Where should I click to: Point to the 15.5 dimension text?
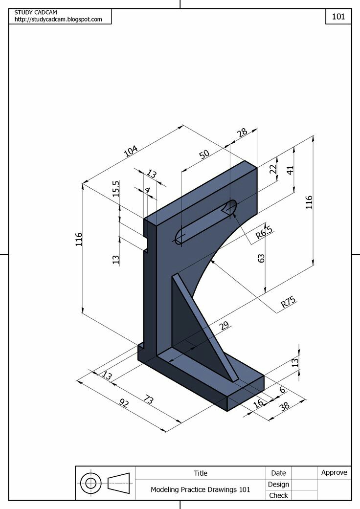pos(116,189)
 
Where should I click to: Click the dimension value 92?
pos(125,403)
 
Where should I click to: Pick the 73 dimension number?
pos(148,399)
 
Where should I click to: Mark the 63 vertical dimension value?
pos(261,258)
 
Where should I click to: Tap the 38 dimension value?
pos(284,406)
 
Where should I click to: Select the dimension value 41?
pos(290,170)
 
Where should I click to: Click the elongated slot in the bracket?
pos(206,222)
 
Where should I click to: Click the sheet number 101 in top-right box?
pos(338,16)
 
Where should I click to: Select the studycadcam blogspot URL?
pos(58,20)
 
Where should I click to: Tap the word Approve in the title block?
pos(334,472)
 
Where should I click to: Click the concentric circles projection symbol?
pos(90,483)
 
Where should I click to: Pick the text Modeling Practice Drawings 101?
pos(200,489)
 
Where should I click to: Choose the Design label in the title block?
pos(278,484)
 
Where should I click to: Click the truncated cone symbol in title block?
pos(118,483)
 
